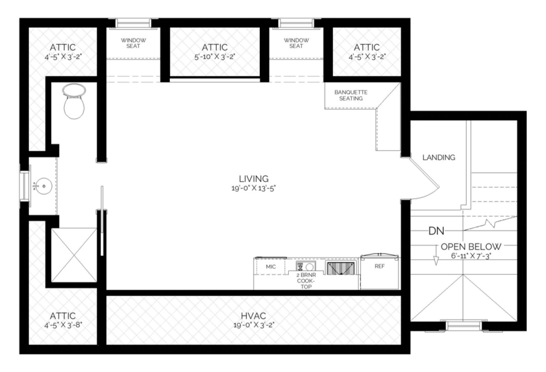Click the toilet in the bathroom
pyautogui.click(x=74, y=102)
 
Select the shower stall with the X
pyautogui.click(x=74, y=255)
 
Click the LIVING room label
pyautogui.click(x=253, y=178)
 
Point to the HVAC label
pyautogui.click(x=253, y=315)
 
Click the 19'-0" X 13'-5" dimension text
pyautogui.click(x=253, y=189)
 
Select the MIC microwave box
pyautogui.click(x=270, y=267)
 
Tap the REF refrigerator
pyautogui.click(x=380, y=267)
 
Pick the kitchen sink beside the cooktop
pyautogui.click(x=340, y=267)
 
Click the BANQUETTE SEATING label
pyautogui.click(x=351, y=95)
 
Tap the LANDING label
pyautogui.click(x=438, y=158)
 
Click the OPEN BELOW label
pyautogui.click(x=471, y=246)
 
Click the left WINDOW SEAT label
pyautogui.click(x=130, y=43)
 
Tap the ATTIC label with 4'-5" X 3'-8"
pyautogui.click(x=62, y=316)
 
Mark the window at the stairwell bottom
pyautogui.click(x=463, y=326)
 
